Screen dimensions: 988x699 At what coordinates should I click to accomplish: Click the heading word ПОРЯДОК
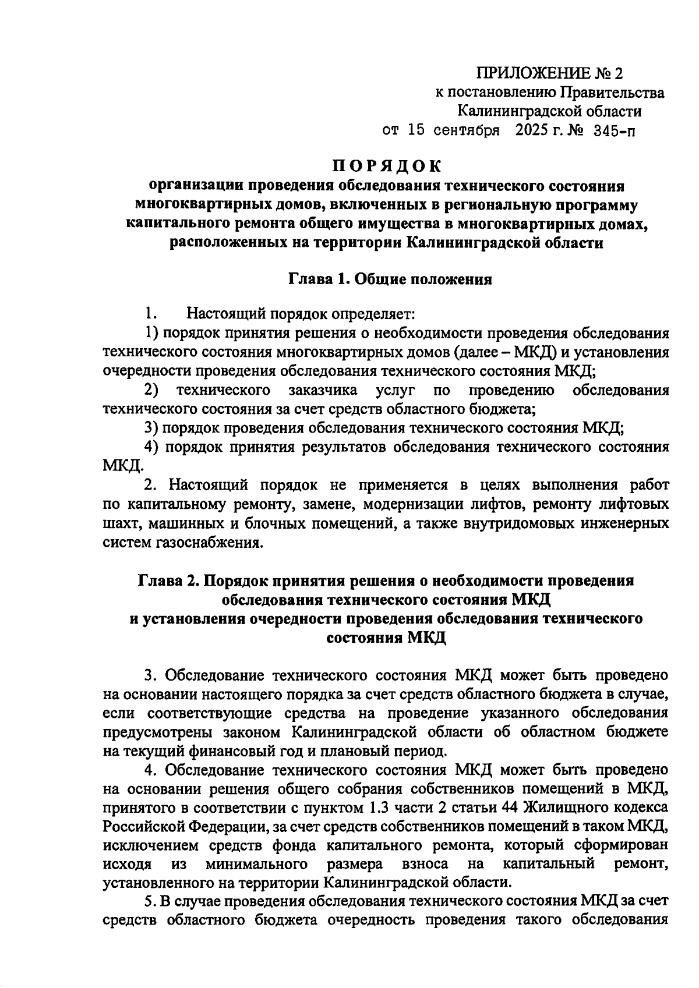click(387, 166)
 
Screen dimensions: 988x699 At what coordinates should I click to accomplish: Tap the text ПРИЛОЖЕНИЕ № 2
click(549, 73)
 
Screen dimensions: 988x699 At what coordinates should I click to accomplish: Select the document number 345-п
click(615, 130)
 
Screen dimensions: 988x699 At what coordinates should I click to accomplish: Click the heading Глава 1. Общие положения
click(390, 279)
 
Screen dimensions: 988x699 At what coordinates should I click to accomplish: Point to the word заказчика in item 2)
click(323, 390)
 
